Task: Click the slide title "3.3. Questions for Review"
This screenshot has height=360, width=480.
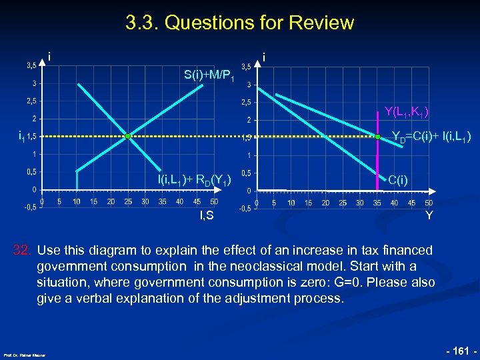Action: pos(239,23)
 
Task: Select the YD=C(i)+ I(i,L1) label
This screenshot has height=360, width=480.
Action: pos(431,137)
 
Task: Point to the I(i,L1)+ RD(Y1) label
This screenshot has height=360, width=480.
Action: pos(194,180)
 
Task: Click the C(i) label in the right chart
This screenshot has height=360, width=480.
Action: pos(398,179)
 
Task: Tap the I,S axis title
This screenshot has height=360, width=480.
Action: pos(207,215)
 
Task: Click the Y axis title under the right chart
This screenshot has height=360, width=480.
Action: pos(429,215)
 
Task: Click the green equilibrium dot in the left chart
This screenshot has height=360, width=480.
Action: pos(127,136)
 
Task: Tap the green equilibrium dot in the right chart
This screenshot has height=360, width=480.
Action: pos(377,137)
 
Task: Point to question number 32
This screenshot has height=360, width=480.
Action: pos(23,251)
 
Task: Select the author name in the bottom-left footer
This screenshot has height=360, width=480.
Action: pos(24,355)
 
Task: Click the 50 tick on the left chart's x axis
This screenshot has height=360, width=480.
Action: pos(214,201)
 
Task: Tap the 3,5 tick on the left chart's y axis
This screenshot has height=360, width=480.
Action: pos(31,65)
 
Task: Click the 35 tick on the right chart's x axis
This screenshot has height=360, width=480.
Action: pos(377,203)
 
